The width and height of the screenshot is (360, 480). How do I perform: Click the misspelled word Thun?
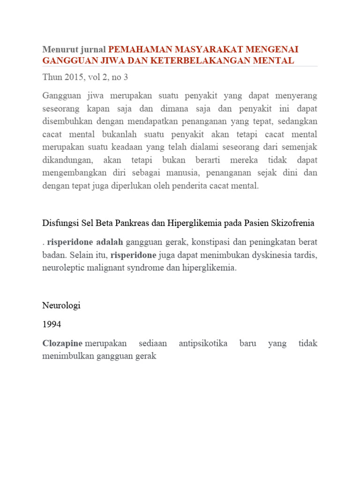coord(52,77)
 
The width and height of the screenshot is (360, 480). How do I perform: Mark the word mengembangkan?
coord(73,172)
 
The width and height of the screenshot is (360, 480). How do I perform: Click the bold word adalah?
coord(110,242)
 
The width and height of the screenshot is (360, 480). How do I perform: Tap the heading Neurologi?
coord(61,305)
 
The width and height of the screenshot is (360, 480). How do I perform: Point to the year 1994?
coord(52,324)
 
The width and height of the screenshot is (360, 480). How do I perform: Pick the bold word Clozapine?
coord(62,343)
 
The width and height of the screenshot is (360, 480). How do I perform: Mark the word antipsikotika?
coord(203,343)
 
